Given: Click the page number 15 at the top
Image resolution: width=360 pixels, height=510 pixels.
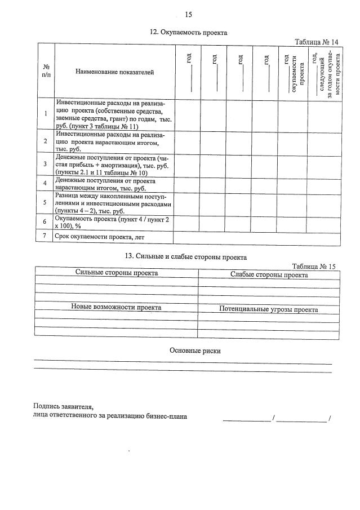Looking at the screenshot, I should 188,15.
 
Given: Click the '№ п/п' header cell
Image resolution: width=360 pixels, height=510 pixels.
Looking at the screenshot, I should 45,72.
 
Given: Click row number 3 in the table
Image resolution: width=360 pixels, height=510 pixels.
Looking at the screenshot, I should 45,164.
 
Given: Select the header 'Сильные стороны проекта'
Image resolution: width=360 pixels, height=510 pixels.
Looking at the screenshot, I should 117,273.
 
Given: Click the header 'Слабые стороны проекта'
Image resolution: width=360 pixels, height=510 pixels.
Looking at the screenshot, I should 269,275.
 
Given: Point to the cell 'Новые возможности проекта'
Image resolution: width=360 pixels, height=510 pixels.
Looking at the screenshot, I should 116,308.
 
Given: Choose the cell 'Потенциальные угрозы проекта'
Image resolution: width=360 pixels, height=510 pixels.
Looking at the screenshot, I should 269,309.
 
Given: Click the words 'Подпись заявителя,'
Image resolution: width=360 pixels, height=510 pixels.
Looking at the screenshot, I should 63,406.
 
